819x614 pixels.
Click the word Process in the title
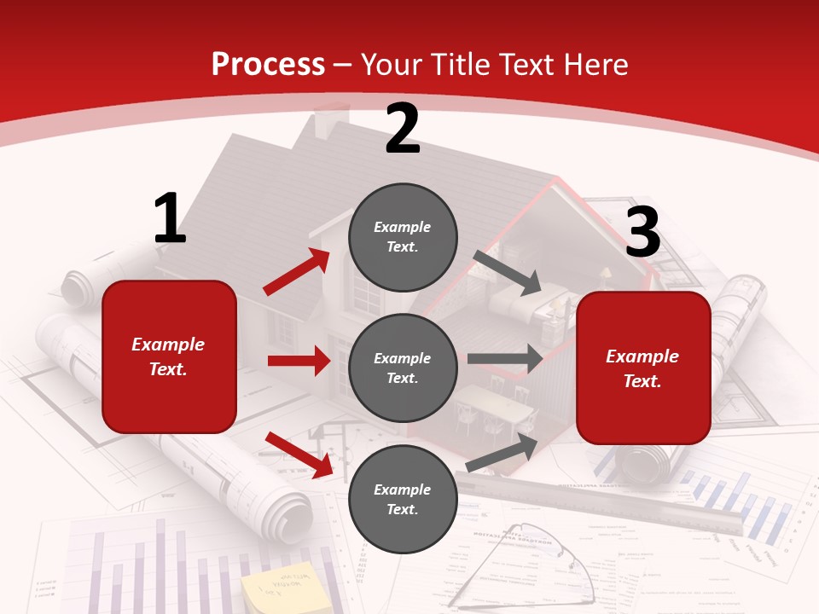click(268, 64)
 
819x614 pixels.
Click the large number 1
click(170, 218)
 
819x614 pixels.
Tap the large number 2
click(402, 129)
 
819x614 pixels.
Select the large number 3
click(642, 232)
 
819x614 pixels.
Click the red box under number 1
click(169, 356)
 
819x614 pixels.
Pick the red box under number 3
click(642, 368)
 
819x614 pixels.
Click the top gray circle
click(403, 237)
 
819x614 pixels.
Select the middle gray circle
click(403, 368)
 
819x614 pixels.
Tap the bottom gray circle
click(403, 499)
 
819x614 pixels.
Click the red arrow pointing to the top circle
click(296, 271)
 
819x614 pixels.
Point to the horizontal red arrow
click(299, 361)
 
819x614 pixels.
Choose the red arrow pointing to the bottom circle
click(299, 454)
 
